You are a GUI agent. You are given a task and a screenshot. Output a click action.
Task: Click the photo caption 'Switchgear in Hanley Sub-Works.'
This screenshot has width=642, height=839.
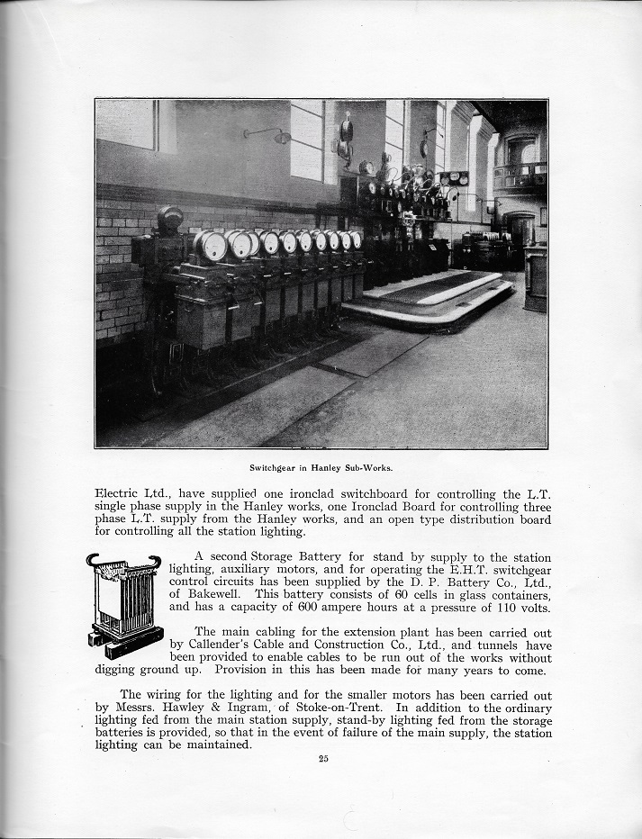pos(321,468)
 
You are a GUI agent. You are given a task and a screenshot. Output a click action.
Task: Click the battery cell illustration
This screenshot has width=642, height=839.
pos(124,603)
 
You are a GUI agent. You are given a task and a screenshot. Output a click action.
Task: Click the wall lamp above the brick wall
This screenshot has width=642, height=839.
pos(281,137)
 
